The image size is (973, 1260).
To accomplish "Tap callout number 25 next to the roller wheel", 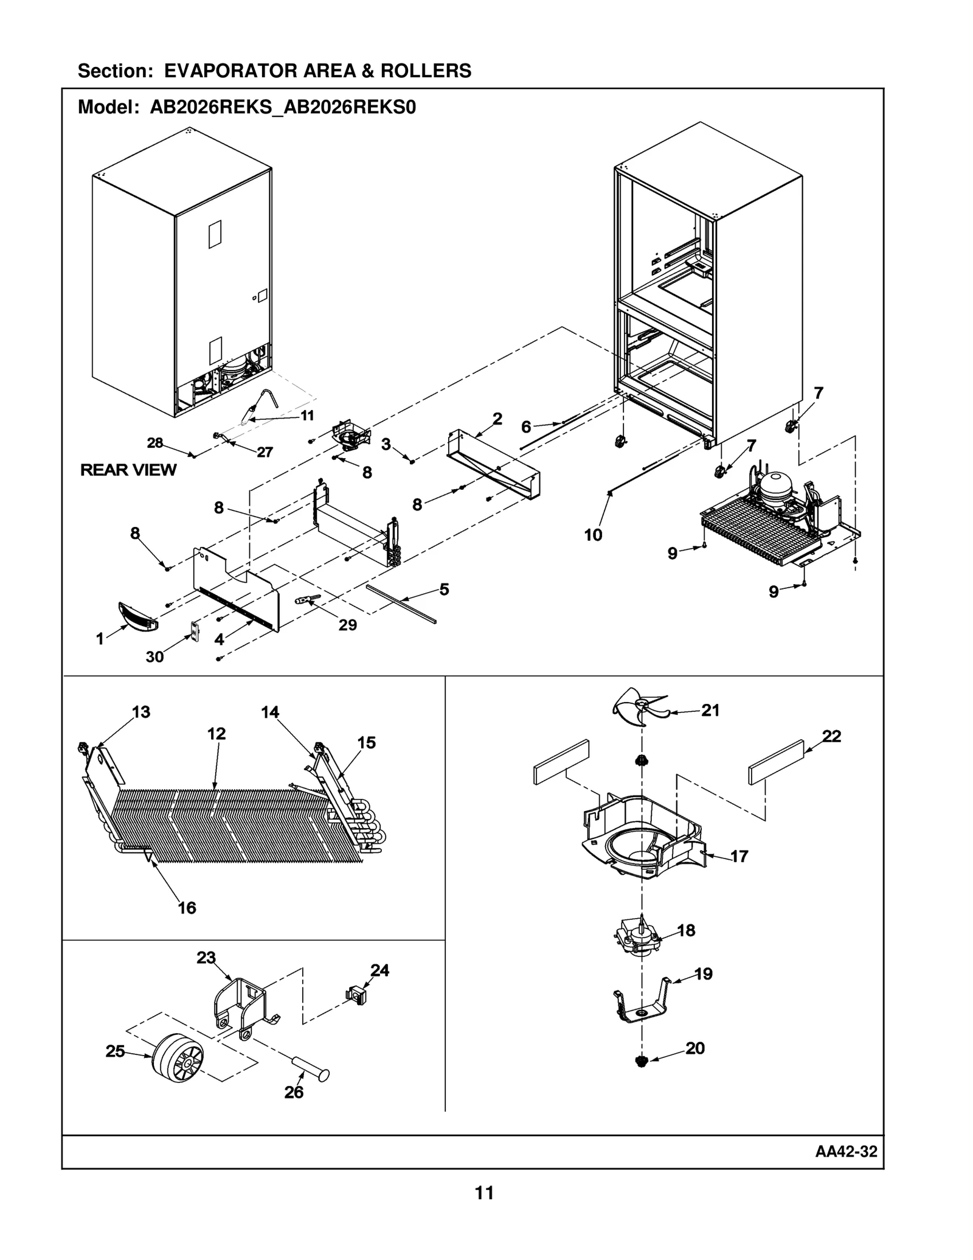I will click(115, 1051).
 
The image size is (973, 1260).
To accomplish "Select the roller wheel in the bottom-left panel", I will click(177, 1059).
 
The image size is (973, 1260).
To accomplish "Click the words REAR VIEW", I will click(128, 470).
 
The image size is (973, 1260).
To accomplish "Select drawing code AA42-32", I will click(846, 1151).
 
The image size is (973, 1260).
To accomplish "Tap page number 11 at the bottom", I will click(484, 1193).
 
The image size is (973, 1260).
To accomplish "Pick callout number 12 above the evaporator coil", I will click(216, 734).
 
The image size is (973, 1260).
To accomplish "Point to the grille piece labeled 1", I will click(137, 616).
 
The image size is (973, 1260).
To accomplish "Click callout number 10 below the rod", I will click(593, 535).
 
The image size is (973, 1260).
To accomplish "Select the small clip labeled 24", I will click(356, 996).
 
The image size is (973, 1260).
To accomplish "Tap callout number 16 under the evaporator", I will click(187, 908).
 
